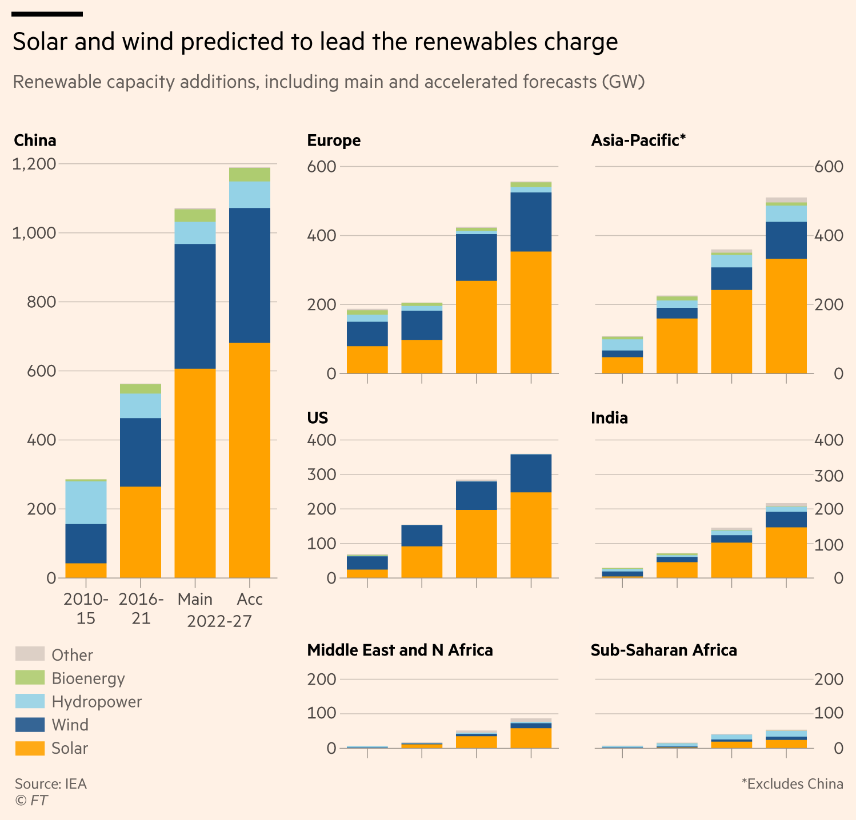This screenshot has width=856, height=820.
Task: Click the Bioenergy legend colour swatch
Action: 30,677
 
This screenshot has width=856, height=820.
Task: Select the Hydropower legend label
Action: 97,701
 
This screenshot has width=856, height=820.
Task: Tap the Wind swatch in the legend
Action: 30,725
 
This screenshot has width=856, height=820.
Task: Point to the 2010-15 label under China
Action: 86,609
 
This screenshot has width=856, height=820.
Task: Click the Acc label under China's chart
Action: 250,599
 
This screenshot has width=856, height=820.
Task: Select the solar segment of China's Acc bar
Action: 250,460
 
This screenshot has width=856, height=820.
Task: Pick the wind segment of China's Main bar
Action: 195,306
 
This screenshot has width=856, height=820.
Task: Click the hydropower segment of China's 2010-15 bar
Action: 86,503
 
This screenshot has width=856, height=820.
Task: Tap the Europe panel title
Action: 334,140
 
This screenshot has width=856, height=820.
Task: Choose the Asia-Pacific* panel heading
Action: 638,140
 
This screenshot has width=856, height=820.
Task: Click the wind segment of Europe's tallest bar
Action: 531,222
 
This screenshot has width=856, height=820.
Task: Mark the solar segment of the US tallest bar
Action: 531,534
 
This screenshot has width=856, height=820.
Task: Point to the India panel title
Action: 609,418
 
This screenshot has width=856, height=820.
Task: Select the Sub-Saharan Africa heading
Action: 663,650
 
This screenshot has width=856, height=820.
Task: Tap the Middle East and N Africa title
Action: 399,650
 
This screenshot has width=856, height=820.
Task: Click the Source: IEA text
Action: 51,783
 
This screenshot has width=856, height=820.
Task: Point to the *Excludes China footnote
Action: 792,783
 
